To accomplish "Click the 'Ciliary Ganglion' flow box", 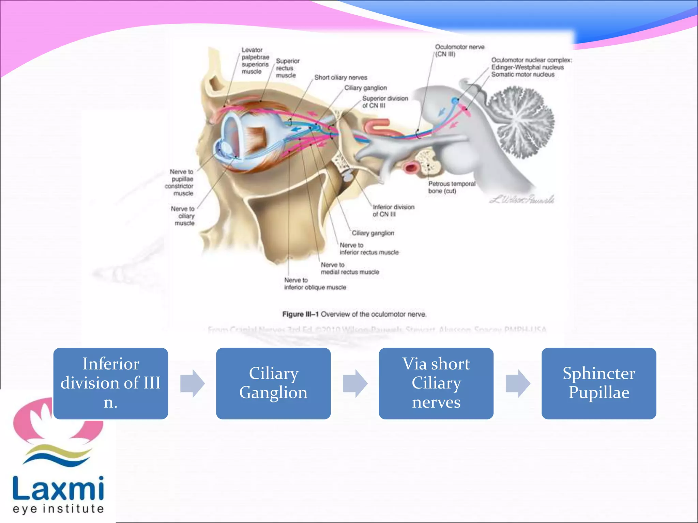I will tap(273, 383).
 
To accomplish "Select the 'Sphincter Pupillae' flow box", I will tap(598, 383).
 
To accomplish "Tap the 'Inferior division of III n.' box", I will tap(110, 383).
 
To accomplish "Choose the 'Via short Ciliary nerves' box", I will tap(436, 383).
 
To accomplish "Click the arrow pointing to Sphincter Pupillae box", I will tap(517, 383).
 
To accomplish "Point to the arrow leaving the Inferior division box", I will tap(192, 383).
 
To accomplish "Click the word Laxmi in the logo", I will tap(58, 489).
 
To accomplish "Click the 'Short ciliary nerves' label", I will tap(340, 78).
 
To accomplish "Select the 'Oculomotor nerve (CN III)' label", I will tap(459, 50).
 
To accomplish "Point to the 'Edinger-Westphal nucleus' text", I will tap(527, 67).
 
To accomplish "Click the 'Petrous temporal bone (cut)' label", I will tap(451, 187).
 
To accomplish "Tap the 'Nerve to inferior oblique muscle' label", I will tap(315, 284).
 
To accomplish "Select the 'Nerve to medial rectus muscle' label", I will tap(350, 268).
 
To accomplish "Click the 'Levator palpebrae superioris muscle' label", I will tap(255, 61).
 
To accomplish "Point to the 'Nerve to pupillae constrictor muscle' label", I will tap(180, 183).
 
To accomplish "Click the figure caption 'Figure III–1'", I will tap(300, 314).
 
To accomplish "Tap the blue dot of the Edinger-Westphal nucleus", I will tap(455, 101).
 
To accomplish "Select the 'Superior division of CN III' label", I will tap(384, 102).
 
